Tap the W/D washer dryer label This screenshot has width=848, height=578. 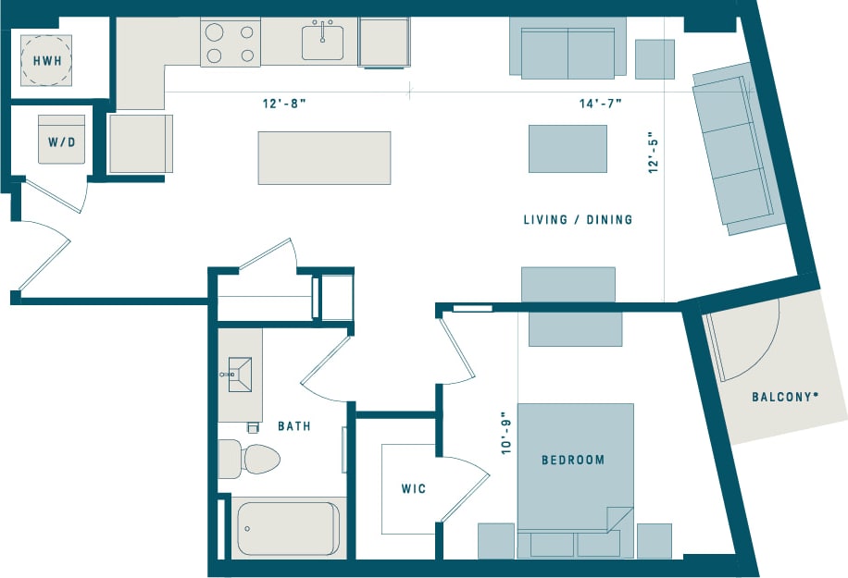tap(61, 143)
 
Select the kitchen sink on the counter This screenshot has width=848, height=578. tap(322, 42)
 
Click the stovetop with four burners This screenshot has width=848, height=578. tap(231, 43)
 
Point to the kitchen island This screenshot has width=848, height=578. tap(324, 157)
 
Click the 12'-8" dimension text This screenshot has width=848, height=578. tap(283, 104)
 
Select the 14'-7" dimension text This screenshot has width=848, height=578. tap(600, 104)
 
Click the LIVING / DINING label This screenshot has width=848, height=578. tap(578, 220)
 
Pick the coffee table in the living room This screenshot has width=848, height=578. tap(567, 148)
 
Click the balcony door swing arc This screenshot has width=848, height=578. tap(746, 341)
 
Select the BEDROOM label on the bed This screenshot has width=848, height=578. tap(573, 460)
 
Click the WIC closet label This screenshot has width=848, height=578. tap(414, 488)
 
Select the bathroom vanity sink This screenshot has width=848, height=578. tap(240, 375)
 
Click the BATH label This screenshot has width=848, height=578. tap(294, 426)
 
